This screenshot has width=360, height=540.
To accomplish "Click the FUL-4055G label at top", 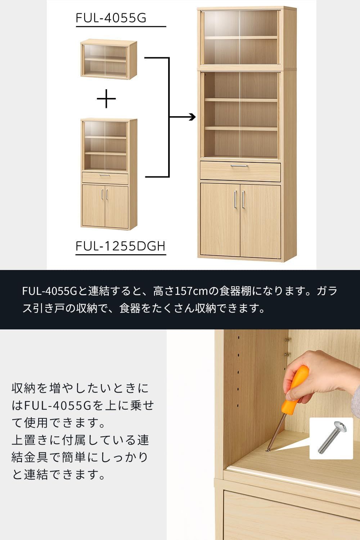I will coord(111,18).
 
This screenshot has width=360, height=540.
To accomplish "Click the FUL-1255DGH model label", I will coord(120,246).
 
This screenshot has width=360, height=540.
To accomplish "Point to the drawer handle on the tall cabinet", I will coord(239,166).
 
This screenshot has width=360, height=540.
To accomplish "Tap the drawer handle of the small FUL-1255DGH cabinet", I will coord(105,175).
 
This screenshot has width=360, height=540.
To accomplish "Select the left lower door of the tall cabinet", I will coord(220,220).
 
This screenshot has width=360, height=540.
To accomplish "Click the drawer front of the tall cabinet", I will coord(240,171).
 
